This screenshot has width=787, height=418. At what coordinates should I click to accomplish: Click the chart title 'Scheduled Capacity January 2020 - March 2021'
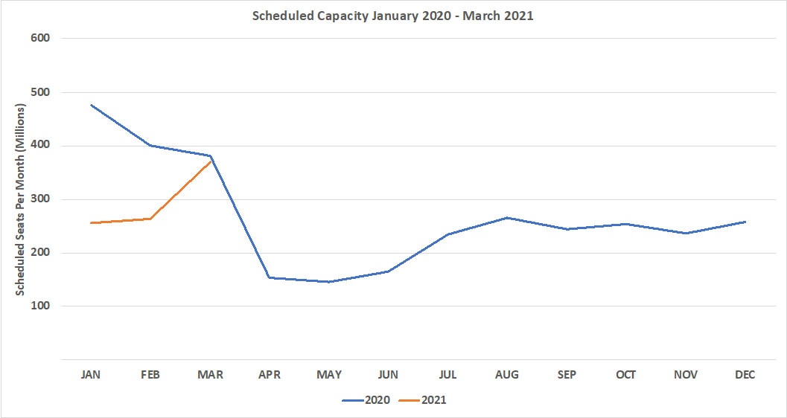point(392,16)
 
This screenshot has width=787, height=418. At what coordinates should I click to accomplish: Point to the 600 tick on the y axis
point(39,39)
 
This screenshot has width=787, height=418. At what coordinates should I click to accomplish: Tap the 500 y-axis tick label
point(39,92)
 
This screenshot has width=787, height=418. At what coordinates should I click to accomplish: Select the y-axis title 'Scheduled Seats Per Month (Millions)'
point(22,199)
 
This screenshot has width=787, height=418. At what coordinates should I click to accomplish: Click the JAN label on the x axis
point(92,375)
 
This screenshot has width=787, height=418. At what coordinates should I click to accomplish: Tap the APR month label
point(270,375)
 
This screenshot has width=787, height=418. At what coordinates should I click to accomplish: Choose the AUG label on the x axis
point(507,375)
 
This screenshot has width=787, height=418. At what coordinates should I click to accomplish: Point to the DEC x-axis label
point(745,375)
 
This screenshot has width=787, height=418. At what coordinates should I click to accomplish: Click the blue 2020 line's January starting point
point(92,105)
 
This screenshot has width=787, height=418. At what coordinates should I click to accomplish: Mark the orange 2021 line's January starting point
point(92,223)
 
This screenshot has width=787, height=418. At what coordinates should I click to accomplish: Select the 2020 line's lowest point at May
point(329,282)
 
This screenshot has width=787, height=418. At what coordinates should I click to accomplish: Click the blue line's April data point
point(270,277)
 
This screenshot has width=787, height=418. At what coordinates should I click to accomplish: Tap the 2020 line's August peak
point(507,218)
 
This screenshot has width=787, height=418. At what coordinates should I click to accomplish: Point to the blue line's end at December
point(745,222)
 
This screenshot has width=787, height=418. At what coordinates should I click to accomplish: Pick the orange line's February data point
point(151,219)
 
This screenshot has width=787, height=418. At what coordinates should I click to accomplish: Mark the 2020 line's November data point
point(685,234)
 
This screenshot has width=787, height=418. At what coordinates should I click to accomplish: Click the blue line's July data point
point(447,234)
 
